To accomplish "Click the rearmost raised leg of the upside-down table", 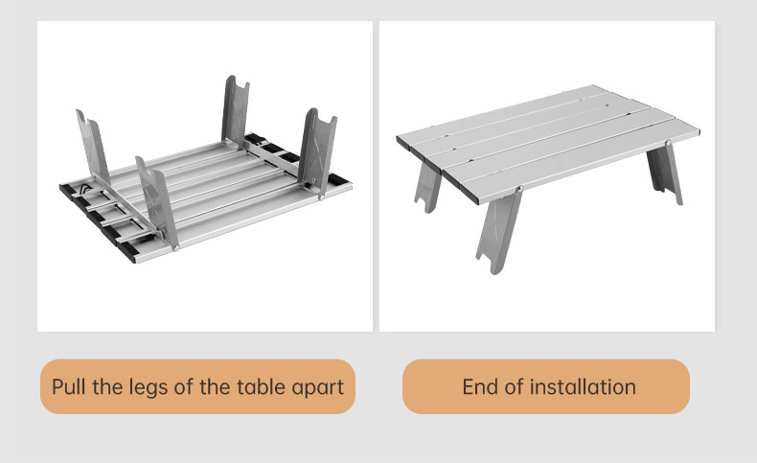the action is point(236,112).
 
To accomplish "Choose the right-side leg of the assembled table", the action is point(665,173).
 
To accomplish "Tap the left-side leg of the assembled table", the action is point(427,187).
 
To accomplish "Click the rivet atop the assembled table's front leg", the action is point(519,189).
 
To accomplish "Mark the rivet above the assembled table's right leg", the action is point(668,143).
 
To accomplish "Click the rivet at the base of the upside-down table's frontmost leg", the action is point(175,248).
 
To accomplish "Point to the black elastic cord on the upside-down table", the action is point(84,189).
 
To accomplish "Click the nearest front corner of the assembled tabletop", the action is point(478,202).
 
